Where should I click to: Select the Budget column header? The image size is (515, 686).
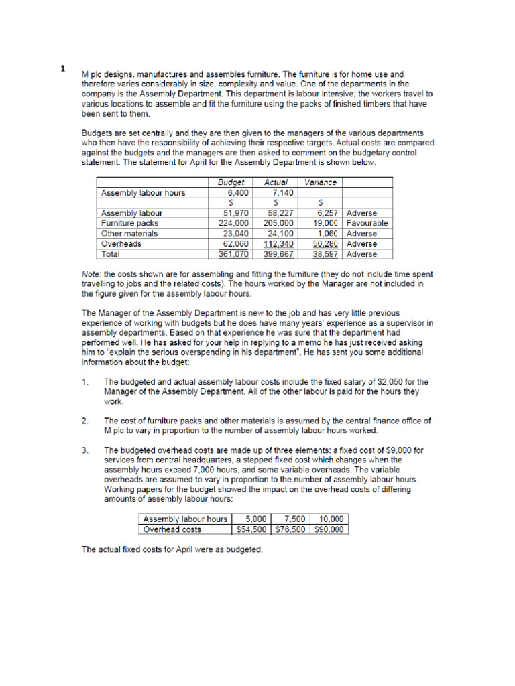pyautogui.click(x=231, y=182)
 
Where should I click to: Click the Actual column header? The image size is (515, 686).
pyautogui.click(x=276, y=182)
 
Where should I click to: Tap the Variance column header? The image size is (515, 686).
pyautogui.click(x=321, y=182)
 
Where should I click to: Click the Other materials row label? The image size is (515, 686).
pyautogui.click(x=129, y=234)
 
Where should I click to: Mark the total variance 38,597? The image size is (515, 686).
pyautogui.click(x=326, y=254)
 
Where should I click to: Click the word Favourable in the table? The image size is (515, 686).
pyautogui.click(x=367, y=223)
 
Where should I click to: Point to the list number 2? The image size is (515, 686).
pyautogui.click(x=85, y=421)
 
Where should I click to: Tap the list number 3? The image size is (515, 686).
pyautogui.click(x=85, y=450)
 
